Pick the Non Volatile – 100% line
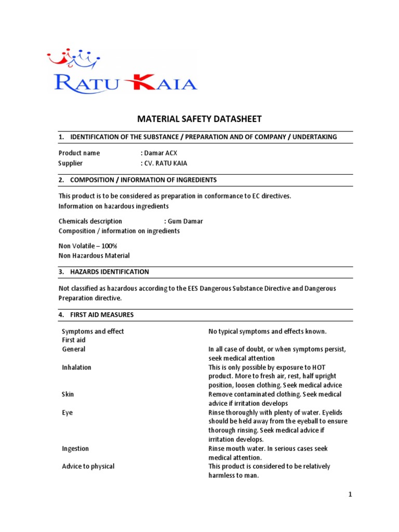[88, 246]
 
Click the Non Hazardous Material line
[94, 256]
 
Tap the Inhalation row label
[76, 367]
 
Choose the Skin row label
[68, 394]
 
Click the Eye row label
[68, 413]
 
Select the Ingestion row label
[75, 448]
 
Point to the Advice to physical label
[88, 467]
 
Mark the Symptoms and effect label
[93, 331]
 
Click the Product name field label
[79, 153]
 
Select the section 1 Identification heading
[198, 137]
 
